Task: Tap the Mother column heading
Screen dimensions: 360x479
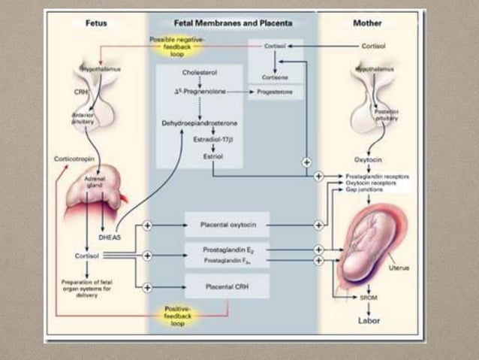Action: click(x=367, y=24)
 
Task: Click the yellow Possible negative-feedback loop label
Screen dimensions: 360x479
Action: click(x=175, y=46)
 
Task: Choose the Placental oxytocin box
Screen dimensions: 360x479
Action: click(x=226, y=224)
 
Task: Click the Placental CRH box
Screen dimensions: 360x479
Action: click(x=226, y=286)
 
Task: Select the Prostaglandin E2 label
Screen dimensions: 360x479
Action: click(x=226, y=249)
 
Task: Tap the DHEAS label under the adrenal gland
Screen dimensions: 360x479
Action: click(x=110, y=236)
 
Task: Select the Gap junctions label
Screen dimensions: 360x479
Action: click(x=363, y=190)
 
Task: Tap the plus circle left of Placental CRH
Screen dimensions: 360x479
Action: click(x=147, y=286)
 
